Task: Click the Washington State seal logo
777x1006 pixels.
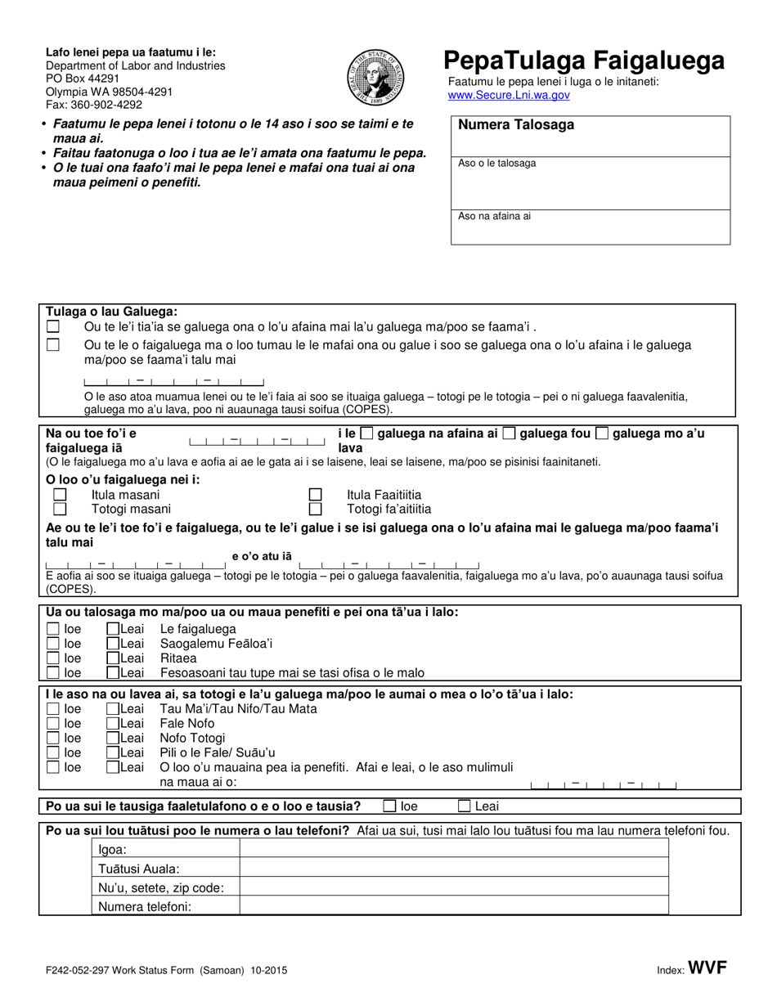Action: (375, 76)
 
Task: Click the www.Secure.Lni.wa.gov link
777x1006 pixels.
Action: (509, 95)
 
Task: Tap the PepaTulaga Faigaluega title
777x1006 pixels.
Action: (584, 61)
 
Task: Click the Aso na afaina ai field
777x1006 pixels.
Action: (591, 227)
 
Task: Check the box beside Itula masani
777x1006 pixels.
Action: (60, 495)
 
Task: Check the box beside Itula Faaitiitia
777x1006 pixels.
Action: (315, 495)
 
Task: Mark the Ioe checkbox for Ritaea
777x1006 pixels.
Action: (53, 658)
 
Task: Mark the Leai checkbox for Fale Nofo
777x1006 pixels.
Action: (114, 724)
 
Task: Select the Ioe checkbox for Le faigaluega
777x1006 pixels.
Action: (53, 629)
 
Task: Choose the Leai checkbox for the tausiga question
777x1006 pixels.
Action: (465, 806)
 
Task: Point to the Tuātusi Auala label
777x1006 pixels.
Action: (139, 869)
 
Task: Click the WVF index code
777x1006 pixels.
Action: (707, 969)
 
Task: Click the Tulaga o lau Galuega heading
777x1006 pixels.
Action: (111, 312)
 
